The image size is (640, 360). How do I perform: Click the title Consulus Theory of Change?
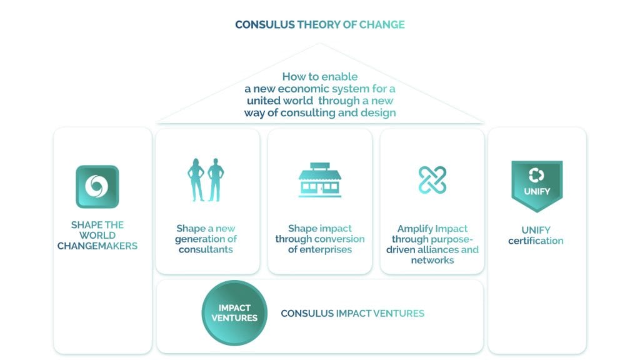(319, 24)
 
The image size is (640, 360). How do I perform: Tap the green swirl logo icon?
(97, 186)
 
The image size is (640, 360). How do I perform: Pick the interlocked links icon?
(432, 180)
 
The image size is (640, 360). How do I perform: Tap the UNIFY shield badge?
(537, 186)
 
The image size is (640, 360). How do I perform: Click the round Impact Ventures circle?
(234, 312)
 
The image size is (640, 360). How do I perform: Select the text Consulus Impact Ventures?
(352, 313)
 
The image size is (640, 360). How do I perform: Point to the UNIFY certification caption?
(537, 235)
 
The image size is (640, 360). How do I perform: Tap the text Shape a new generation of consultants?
(206, 239)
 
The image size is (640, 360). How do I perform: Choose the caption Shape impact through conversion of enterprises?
(319, 239)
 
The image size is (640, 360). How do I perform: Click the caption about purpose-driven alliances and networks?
(432, 244)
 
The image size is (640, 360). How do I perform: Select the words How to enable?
(319, 77)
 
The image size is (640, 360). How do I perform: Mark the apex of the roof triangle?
(320, 44)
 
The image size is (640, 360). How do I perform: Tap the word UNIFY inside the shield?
(537, 191)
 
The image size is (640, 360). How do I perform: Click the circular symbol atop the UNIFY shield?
(536, 175)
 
